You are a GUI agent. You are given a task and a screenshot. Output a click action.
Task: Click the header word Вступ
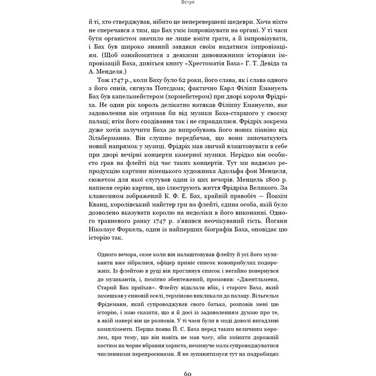pos(188,3)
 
